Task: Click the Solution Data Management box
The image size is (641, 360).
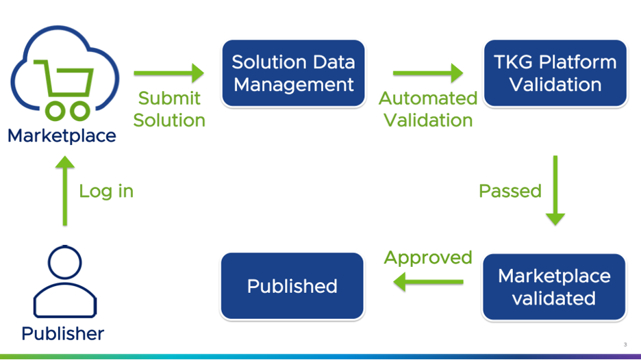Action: click(293, 73)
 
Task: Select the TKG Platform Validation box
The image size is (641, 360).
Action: click(555, 73)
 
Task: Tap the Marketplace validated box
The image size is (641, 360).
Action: click(554, 287)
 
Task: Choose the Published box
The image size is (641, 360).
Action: click(292, 286)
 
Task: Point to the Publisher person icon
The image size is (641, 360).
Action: click(65, 281)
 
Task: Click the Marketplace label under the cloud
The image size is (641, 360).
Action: click(62, 136)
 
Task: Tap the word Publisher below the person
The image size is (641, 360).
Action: click(62, 333)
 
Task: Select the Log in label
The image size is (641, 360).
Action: click(106, 191)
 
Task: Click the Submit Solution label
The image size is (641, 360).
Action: click(169, 109)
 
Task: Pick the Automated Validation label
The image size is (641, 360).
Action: click(428, 109)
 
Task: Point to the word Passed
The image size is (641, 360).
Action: click(510, 191)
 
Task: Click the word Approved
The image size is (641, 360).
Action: click(428, 258)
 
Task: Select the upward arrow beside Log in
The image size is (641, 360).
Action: click(65, 191)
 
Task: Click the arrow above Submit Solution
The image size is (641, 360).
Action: click(169, 73)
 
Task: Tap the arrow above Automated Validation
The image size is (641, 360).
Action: click(428, 73)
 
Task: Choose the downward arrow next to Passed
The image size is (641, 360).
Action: click(555, 190)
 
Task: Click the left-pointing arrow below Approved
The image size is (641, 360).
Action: click(428, 281)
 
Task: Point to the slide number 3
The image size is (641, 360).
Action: click(625, 345)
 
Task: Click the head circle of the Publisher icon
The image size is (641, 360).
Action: click(65, 262)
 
